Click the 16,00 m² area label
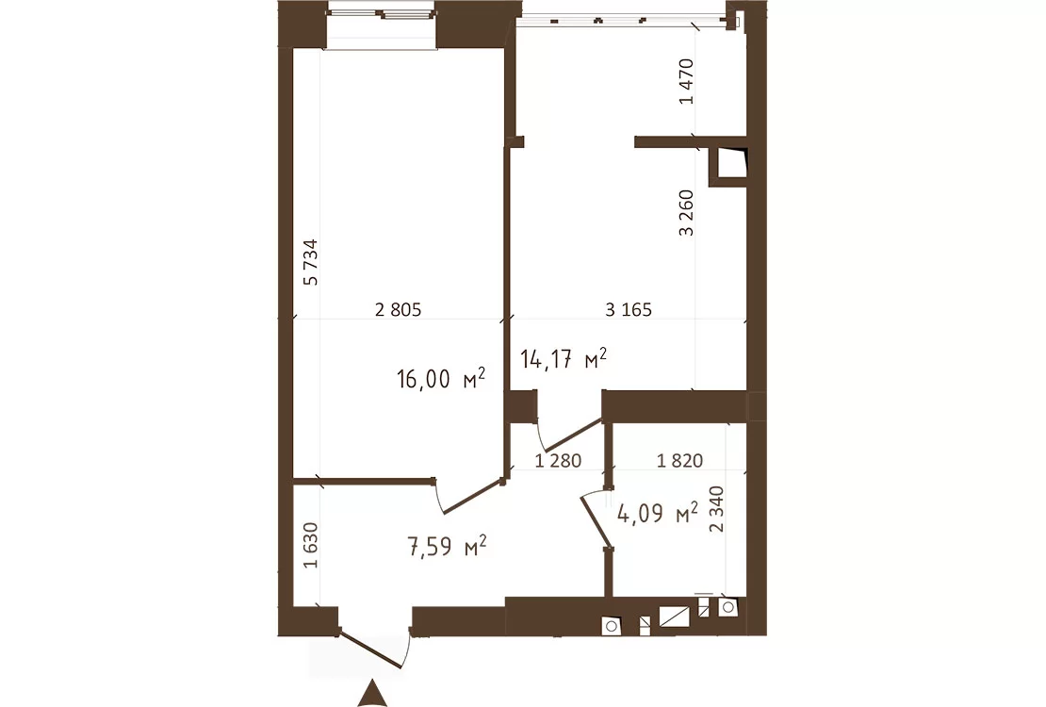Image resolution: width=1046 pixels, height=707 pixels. pos(441,379)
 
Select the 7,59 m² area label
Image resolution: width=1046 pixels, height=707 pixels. pos(447,546)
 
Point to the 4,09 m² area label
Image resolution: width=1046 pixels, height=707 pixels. pos(658,514)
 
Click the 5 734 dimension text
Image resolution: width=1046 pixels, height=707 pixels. pos(311,262)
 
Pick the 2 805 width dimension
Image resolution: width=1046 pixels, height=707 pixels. pos(399,310)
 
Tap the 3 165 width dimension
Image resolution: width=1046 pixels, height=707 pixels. pos(629,310)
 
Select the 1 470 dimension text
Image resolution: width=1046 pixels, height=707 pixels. pos(686,81)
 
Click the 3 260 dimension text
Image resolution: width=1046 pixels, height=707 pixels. pos(686,213)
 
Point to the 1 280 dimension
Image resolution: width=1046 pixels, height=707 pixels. pos(559,461)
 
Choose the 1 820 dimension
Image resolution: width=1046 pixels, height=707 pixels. pos(679,461)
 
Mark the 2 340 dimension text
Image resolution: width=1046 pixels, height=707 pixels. pos(716,509)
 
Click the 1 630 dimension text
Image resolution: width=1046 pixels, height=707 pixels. pos(311,545)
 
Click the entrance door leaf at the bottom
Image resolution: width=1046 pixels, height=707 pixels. pos(371,647)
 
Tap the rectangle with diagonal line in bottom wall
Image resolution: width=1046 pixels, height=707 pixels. pos(674,617)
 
